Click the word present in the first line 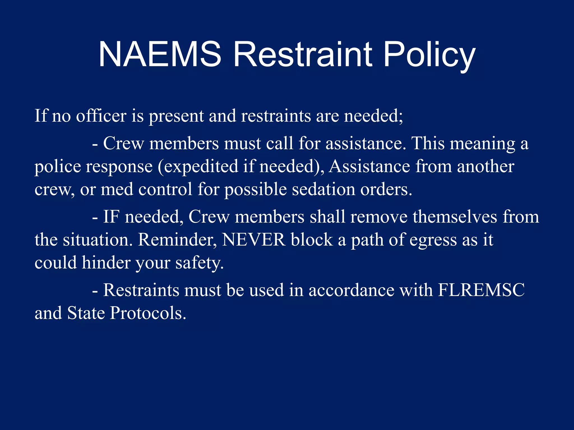pyautogui.click(x=176, y=116)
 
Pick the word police pyautogui.click(x=58, y=167)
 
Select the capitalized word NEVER pyautogui.click(x=253, y=240)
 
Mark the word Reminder pyautogui.click(x=177, y=240)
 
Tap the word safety pyautogui.click(x=200, y=263)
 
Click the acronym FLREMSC pyautogui.click(x=481, y=290)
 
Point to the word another pyautogui.click(x=485, y=167)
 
